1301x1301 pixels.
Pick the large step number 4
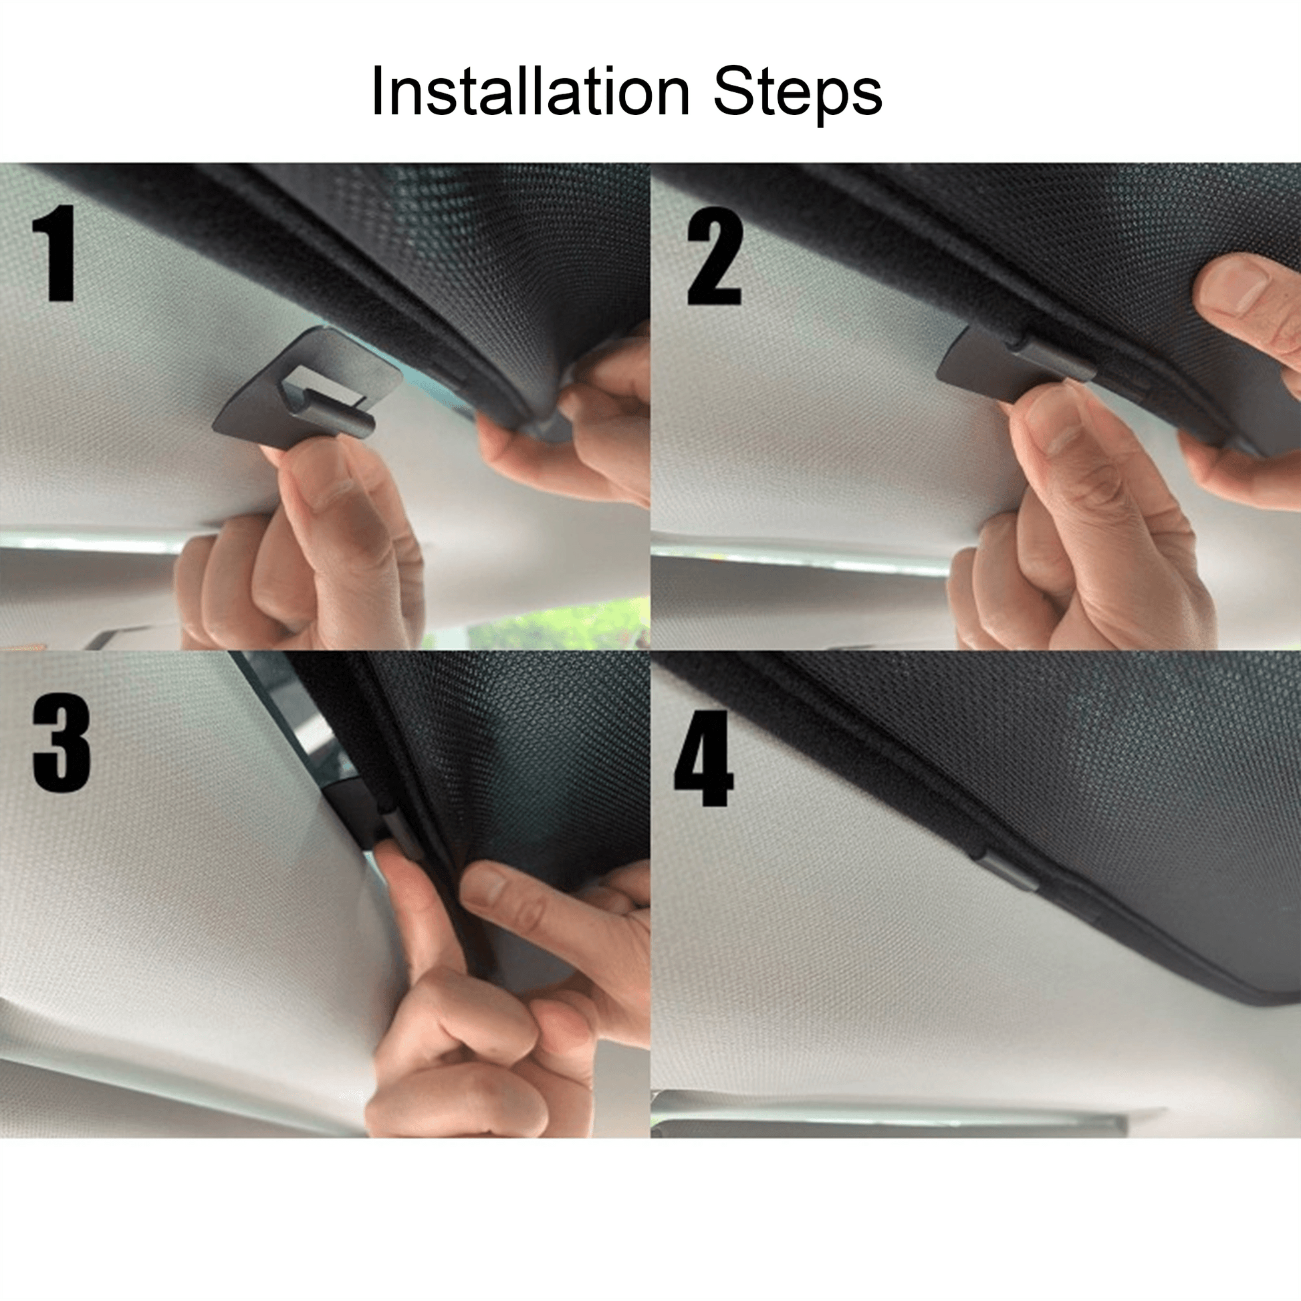coord(703,757)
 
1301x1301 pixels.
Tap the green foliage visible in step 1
coord(549,624)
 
